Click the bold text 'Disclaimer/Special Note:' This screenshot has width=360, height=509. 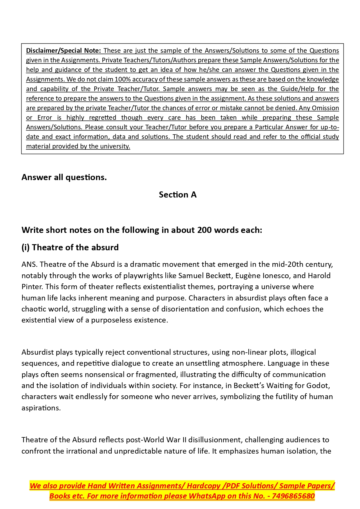point(63,51)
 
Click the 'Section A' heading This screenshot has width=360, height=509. point(178,195)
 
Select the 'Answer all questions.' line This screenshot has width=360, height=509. point(64,177)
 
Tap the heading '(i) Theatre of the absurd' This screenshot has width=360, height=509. point(70,247)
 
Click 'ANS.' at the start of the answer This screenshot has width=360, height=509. point(30,265)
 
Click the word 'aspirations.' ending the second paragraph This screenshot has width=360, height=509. point(41,408)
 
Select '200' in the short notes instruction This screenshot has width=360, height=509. point(205,230)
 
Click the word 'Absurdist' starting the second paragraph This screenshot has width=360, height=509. point(37,352)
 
